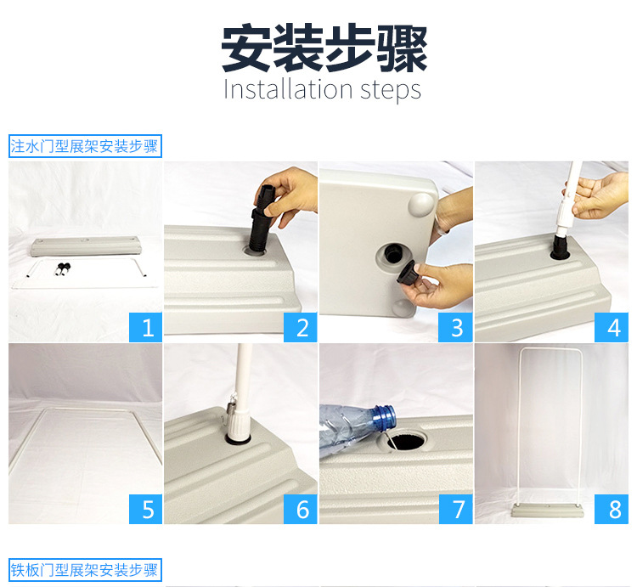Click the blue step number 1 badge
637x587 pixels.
[145, 327]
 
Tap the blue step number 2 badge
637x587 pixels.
[300, 327]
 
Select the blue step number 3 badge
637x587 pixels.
[455, 327]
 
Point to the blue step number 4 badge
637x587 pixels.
[611, 327]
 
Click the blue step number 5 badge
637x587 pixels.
[145, 509]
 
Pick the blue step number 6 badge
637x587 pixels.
[300, 509]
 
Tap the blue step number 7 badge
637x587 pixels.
[455, 509]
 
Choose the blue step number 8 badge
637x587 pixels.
[611, 509]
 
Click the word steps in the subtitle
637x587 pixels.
[391, 91]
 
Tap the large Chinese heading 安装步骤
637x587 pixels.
[324, 48]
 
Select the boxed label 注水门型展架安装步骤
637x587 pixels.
[85, 146]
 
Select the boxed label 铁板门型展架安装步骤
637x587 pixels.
[85, 570]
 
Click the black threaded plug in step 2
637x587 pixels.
[261, 219]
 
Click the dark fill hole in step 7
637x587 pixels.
[408, 441]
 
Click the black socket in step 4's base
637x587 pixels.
[560, 247]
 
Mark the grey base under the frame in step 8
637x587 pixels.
[548, 511]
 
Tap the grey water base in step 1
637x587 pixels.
[85, 246]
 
